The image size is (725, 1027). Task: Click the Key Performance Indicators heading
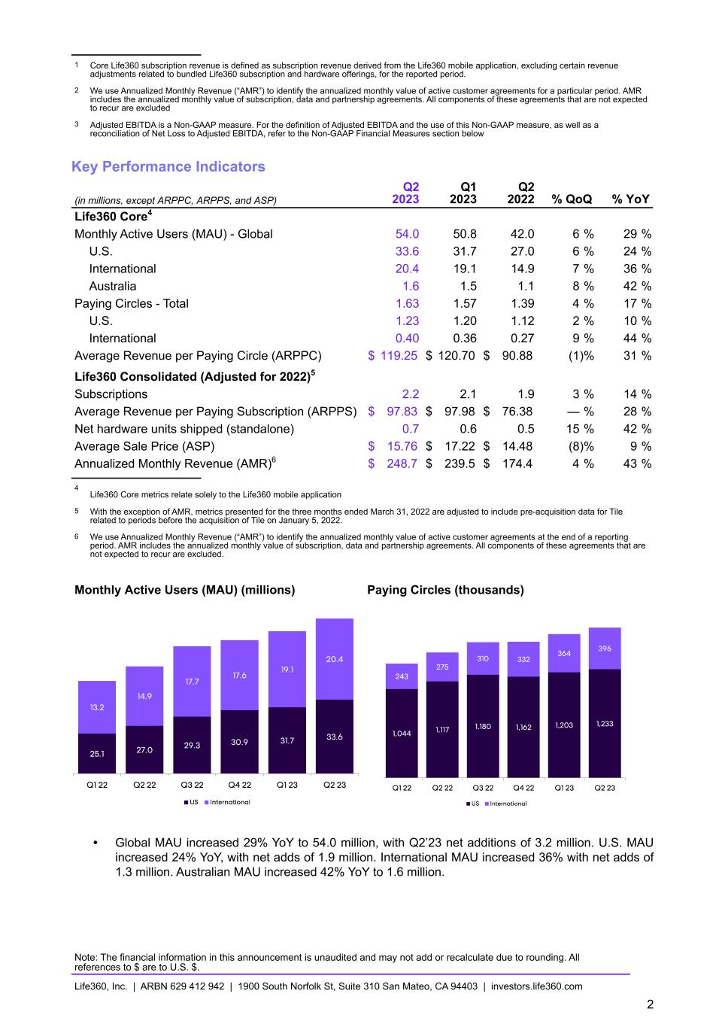[x=168, y=166]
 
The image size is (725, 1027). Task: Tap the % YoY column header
[x=631, y=199]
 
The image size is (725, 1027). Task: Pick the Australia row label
[x=113, y=286]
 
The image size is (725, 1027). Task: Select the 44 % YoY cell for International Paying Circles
[x=637, y=339]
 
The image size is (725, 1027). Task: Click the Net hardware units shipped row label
[x=184, y=429]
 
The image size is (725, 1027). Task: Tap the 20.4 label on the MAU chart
[x=335, y=659]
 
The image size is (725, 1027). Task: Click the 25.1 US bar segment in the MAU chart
[x=97, y=753]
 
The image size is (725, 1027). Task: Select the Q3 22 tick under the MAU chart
[x=193, y=785]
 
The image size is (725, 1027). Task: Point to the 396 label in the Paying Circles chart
[x=605, y=648]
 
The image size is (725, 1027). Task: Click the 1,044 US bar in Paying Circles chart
[x=402, y=733]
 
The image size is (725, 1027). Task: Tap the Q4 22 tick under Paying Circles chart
[x=523, y=788]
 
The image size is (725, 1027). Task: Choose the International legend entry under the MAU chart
[x=229, y=802]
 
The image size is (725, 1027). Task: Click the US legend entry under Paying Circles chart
[x=475, y=804]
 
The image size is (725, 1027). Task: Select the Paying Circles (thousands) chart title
[x=445, y=590]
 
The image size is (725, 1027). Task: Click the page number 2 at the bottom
[x=650, y=1004]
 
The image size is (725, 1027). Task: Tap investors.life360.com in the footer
[x=536, y=986]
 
